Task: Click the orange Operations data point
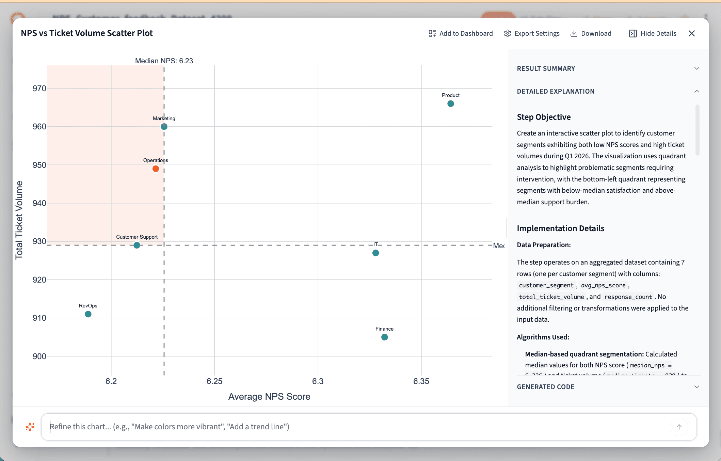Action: point(156,169)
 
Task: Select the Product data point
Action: point(450,104)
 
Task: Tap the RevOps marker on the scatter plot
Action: point(88,314)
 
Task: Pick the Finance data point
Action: point(384,337)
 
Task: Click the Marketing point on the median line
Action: point(164,127)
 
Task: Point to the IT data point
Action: point(375,253)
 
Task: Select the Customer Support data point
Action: point(137,245)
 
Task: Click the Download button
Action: point(591,33)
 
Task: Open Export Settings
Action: point(532,33)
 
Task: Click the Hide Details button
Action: point(653,33)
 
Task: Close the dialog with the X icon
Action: point(691,33)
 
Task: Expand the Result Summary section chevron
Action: point(696,68)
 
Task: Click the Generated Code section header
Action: point(546,387)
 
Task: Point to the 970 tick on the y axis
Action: point(39,89)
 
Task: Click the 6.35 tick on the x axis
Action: point(421,381)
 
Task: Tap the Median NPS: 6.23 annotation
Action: point(164,61)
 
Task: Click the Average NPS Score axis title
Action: point(269,397)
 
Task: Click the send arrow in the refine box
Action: point(679,427)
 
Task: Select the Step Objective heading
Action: point(544,117)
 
